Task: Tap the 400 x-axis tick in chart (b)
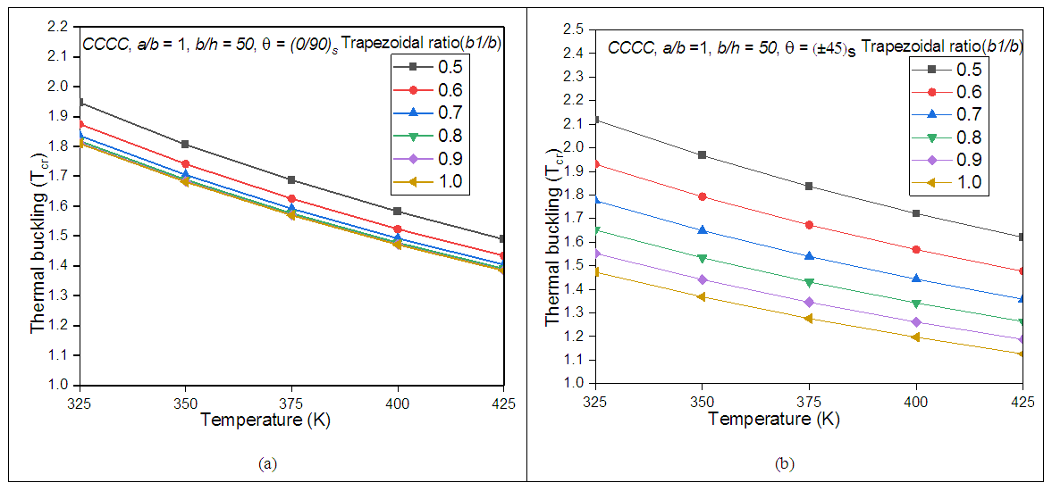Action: click(915, 402)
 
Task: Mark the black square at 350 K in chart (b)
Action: click(703, 155)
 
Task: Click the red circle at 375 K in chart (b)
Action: click(809, 225)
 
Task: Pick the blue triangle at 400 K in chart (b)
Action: click(915, 279)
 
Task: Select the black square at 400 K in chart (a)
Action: click(398, 212)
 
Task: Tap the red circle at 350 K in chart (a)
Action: click(185, 164)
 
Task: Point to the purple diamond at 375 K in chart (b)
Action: click(809, 302)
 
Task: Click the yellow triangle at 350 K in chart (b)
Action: click(703, 296)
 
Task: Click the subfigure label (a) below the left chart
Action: click(265, 463)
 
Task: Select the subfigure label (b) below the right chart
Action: click(784, 464)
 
